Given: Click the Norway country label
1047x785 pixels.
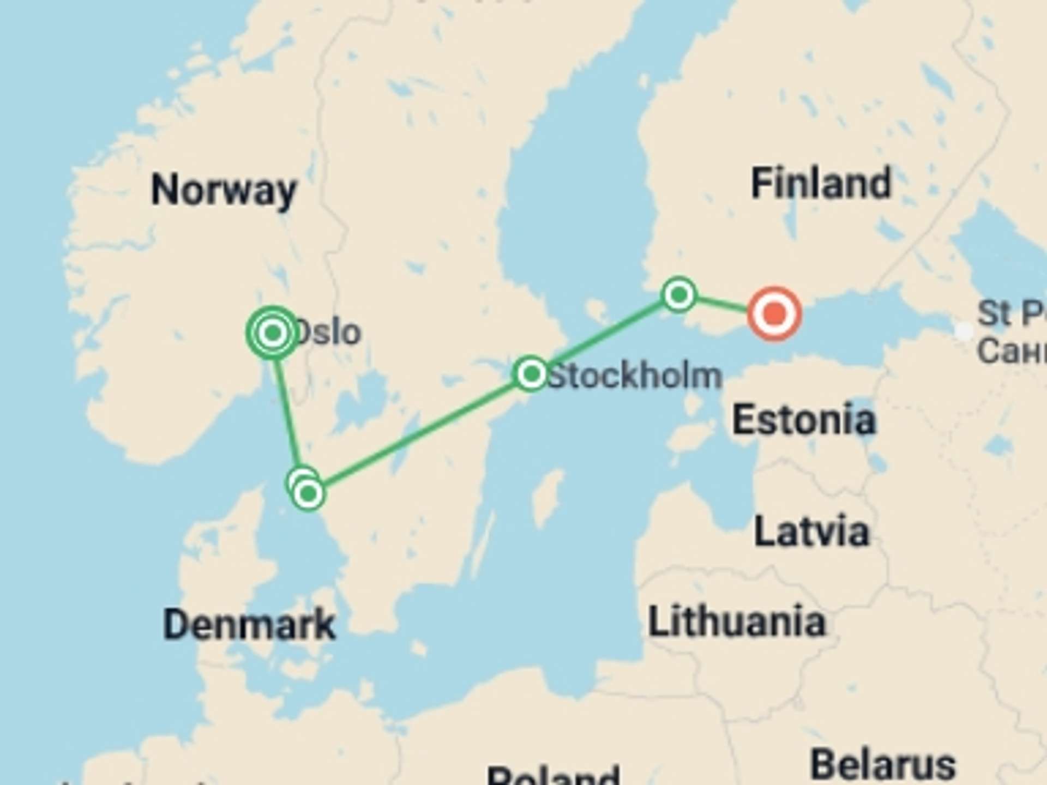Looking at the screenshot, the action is tap(224, 190).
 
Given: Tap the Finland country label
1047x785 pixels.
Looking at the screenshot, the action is tap(821, 183).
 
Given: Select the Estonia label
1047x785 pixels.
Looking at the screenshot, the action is tap(804, 420).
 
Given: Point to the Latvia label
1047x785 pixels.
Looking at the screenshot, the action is tap(811, 532).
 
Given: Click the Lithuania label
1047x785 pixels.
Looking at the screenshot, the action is tap(737, 621).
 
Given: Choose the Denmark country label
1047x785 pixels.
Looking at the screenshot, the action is tap(249, 624).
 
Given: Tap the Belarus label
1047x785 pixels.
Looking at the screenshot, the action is tap(883, 765).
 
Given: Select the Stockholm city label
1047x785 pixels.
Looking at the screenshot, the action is tap(634, 376).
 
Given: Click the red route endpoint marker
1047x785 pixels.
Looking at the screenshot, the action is tap(774, 313).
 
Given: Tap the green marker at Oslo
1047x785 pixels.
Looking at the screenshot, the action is tap(273, 332).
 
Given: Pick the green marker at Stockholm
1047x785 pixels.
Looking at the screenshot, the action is tap(531, 374).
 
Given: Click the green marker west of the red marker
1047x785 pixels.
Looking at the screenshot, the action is tap(679, 295).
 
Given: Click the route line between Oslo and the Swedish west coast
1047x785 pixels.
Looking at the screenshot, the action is tap(287, 414).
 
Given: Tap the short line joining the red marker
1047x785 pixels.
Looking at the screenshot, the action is tap(721, 304).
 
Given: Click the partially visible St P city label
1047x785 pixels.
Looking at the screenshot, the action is tap(1012, 313).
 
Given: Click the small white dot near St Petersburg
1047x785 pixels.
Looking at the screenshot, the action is tap(964, 331).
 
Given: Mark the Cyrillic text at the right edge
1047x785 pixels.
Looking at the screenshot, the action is tap(1012, 351).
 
